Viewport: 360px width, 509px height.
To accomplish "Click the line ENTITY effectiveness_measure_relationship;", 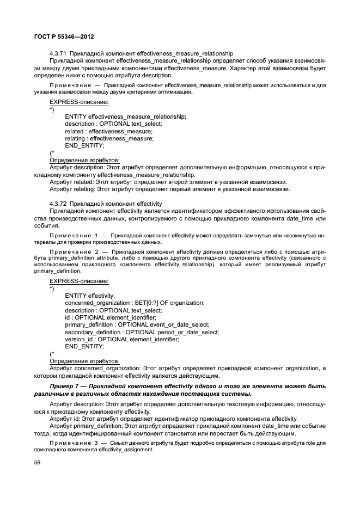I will point(125,116).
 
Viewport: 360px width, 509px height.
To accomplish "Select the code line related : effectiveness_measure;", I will point(108,131).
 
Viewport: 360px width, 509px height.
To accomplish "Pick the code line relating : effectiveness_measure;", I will point(109,138).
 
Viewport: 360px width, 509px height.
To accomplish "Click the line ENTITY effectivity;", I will point(90,295).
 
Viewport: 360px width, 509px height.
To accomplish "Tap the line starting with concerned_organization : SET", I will point(135,303).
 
